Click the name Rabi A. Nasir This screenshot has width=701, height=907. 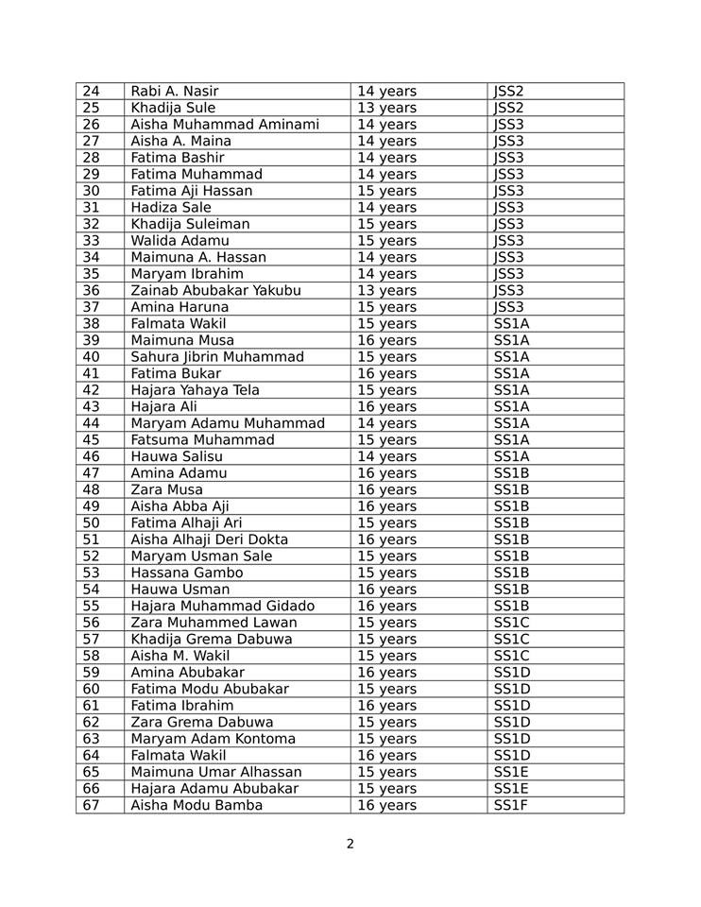[175, 92]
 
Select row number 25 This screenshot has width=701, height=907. [91, 108]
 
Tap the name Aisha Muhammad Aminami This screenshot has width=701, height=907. [225, 125]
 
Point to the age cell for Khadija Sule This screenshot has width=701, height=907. [386, 108]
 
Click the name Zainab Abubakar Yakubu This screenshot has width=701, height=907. [215, 290]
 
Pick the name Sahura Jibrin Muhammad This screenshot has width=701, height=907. [217, 357]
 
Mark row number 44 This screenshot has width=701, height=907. [91, 423]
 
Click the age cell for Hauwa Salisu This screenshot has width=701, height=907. [386, 456]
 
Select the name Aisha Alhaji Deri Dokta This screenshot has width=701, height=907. [210, 539]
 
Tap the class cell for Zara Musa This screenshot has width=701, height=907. [510, 489]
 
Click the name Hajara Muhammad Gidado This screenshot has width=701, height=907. [223, 606]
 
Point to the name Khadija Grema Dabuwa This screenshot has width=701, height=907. [212, 640]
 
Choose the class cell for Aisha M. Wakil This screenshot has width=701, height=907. [510, 656]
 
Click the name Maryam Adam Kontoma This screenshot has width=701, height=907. [214, 739]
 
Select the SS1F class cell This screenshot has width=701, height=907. [510, 805]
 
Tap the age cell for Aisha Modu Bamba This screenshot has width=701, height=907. [386, 805]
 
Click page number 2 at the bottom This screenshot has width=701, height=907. [350, 844]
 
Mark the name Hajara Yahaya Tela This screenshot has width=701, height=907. [196, 390]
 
